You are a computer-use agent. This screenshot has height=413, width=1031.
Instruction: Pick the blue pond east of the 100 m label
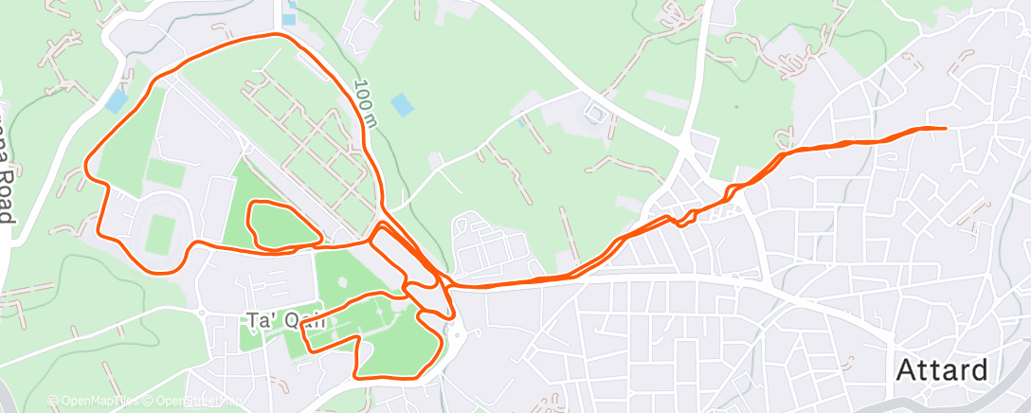click(402, 104)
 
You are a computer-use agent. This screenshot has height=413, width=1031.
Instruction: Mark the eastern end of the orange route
click(946, 128)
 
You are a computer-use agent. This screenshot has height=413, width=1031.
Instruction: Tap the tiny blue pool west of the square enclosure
click(521, 122)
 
